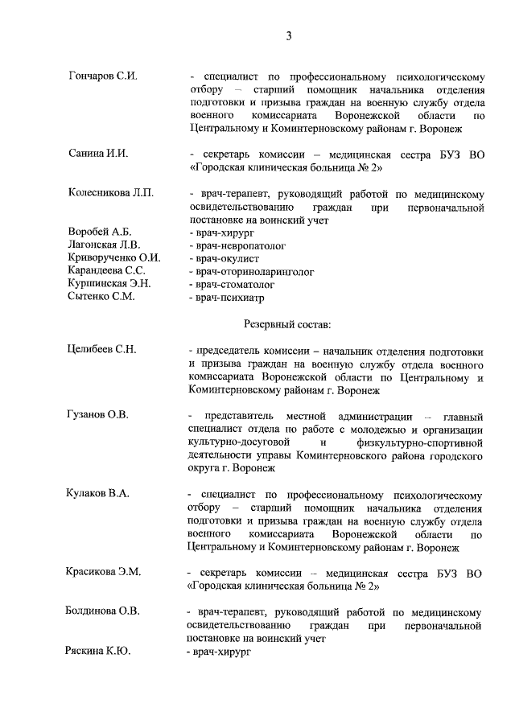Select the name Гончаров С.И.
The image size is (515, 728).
pos(102,76)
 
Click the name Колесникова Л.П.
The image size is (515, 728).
pos(110,194)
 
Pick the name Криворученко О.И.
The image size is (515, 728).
pos(114,257)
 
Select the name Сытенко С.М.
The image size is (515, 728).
pos(101,296)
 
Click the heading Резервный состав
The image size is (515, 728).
pos(286,324)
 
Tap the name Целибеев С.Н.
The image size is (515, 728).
pos(103,352)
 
